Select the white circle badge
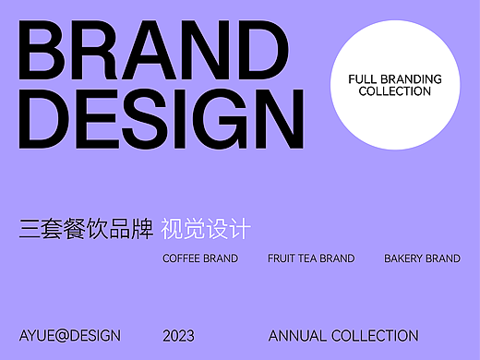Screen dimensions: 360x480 [394, 86]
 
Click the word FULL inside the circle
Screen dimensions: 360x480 [363, 79]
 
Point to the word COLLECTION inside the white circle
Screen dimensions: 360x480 [394, 91]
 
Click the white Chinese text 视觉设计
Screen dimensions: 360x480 [205, 229]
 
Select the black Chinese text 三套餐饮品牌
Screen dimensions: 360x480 [86, 229]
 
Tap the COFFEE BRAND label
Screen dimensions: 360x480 [200, 258]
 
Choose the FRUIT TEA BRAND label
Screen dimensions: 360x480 [311, 258]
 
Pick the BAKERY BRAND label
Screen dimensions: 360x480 [422, 258]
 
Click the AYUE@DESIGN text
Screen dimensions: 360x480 [70, 336]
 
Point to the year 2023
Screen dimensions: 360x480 [178, 336]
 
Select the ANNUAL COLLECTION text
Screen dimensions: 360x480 [343, 336]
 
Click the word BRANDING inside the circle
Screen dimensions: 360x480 [410, 79]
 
